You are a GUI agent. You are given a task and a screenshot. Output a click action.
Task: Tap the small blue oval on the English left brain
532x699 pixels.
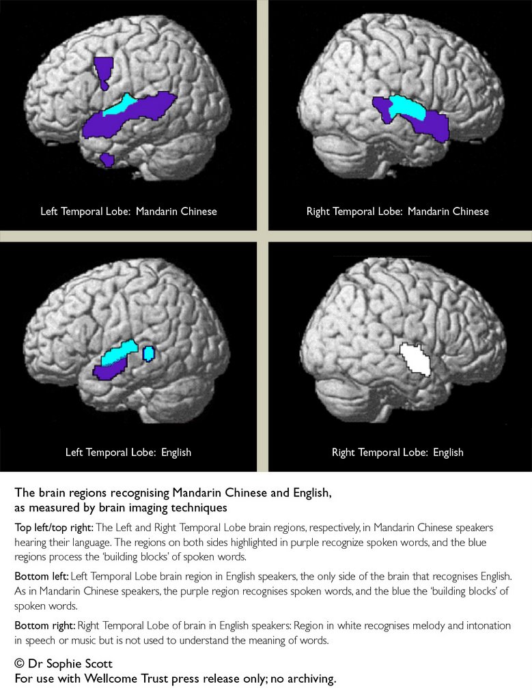(148, 354)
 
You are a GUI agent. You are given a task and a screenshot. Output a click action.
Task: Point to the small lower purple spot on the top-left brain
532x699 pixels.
(107, 160)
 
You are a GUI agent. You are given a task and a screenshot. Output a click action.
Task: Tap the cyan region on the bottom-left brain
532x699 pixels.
(118, 353)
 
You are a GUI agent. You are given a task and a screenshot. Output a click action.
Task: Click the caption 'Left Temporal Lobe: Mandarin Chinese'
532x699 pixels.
(128, 212)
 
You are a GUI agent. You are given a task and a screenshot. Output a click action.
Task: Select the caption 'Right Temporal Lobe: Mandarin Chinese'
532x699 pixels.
(397, 212)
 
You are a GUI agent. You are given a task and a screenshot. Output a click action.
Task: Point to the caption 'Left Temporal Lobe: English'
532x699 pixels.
(128, 453)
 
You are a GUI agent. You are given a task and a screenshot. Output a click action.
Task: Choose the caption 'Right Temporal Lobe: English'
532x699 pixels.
(397, 453)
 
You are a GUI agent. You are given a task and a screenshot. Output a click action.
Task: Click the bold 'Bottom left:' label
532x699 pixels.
(42, 576)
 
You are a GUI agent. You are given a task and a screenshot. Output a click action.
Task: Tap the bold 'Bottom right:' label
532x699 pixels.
(44, 625)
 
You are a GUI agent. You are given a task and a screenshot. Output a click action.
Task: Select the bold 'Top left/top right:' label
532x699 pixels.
(54, 528)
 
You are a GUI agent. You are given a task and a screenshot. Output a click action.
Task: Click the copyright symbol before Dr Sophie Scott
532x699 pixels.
(19, 664)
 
